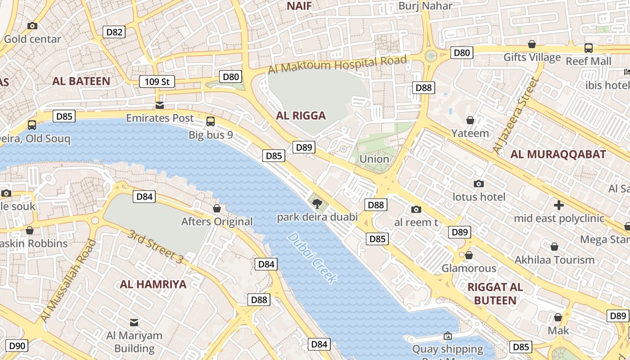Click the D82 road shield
[x=114, y=32]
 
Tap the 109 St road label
[x=157, y=81]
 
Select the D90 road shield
[x=18, y=346]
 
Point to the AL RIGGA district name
[x=301, y=116]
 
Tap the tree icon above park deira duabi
[x=317, y=204]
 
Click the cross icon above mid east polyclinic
[x=559, y=206]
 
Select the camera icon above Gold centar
[x=32, y=26]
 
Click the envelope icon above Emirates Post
[x=160, y=105]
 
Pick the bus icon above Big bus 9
[x=211, y=121]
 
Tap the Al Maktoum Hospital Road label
[x=337, y=64]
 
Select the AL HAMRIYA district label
[x=153, y=284]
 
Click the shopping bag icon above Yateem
[x=470, y=120]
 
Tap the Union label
[x=374, y=159]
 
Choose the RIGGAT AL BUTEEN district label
[x=495, y=294]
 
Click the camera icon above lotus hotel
[x=479, y=184]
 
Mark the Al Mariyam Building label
[x=134, y=342]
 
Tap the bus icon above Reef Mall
[x=588, y=48]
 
